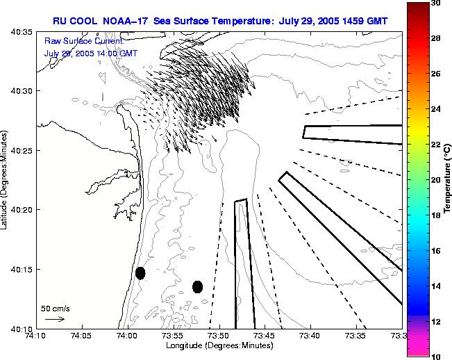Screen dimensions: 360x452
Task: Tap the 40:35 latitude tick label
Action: coord(22,32)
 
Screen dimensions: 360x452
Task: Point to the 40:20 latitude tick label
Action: coord(22,210)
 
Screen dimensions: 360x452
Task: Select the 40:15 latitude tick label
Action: coord(22,270)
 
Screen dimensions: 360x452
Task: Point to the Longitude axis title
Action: coord(219,346)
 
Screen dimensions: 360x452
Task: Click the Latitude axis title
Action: coord(6,180)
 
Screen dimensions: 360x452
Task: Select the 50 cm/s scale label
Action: coord(56,308)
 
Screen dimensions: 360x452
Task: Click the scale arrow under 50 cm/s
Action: coord(55,319)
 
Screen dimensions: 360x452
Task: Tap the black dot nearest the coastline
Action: coord(140,273)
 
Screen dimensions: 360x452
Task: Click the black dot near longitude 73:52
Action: coord(198,286)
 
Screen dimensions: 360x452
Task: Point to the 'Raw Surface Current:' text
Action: coord(74,42)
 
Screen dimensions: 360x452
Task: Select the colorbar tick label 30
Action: coord(435,3)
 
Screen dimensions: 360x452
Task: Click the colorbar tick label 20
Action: coord(435,180)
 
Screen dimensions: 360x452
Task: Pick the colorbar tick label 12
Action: coord(435,322)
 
